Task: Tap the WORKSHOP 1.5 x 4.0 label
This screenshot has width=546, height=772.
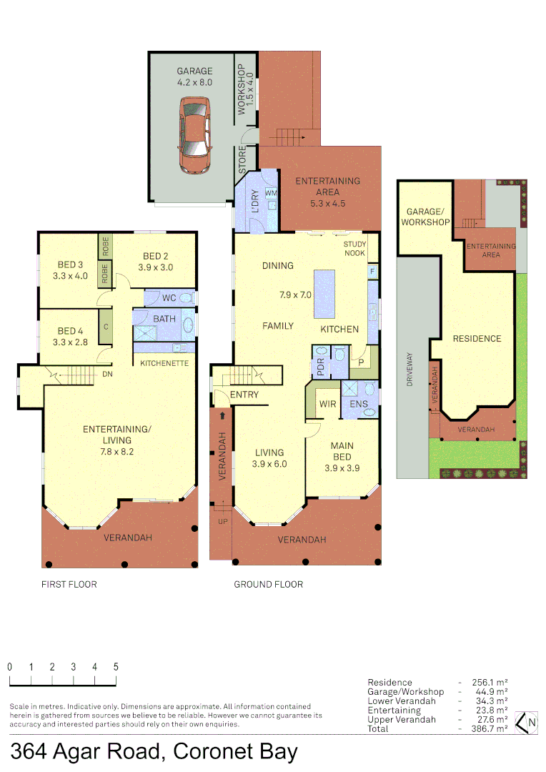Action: (245, 90)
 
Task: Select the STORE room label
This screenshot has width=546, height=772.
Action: (242, 162)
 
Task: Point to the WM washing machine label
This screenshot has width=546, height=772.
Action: (271, 193)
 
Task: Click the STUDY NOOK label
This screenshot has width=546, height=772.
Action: (354, 249)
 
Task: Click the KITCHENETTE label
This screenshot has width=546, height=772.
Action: (164, 363)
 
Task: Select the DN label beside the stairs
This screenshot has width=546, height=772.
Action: (107, 374)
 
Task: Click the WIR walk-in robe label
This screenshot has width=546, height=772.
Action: (328, 404)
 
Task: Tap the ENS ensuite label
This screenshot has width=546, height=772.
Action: (359, 404)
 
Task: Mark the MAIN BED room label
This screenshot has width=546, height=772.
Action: (342, 452)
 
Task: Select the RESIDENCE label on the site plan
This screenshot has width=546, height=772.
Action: (477, 338)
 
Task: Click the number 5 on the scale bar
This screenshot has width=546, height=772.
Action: (116, 666)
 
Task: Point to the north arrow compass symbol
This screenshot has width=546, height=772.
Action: (527, 723)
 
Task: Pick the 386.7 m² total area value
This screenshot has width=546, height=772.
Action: (490, 728)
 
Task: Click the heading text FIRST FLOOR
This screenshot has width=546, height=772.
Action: (69, 584)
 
